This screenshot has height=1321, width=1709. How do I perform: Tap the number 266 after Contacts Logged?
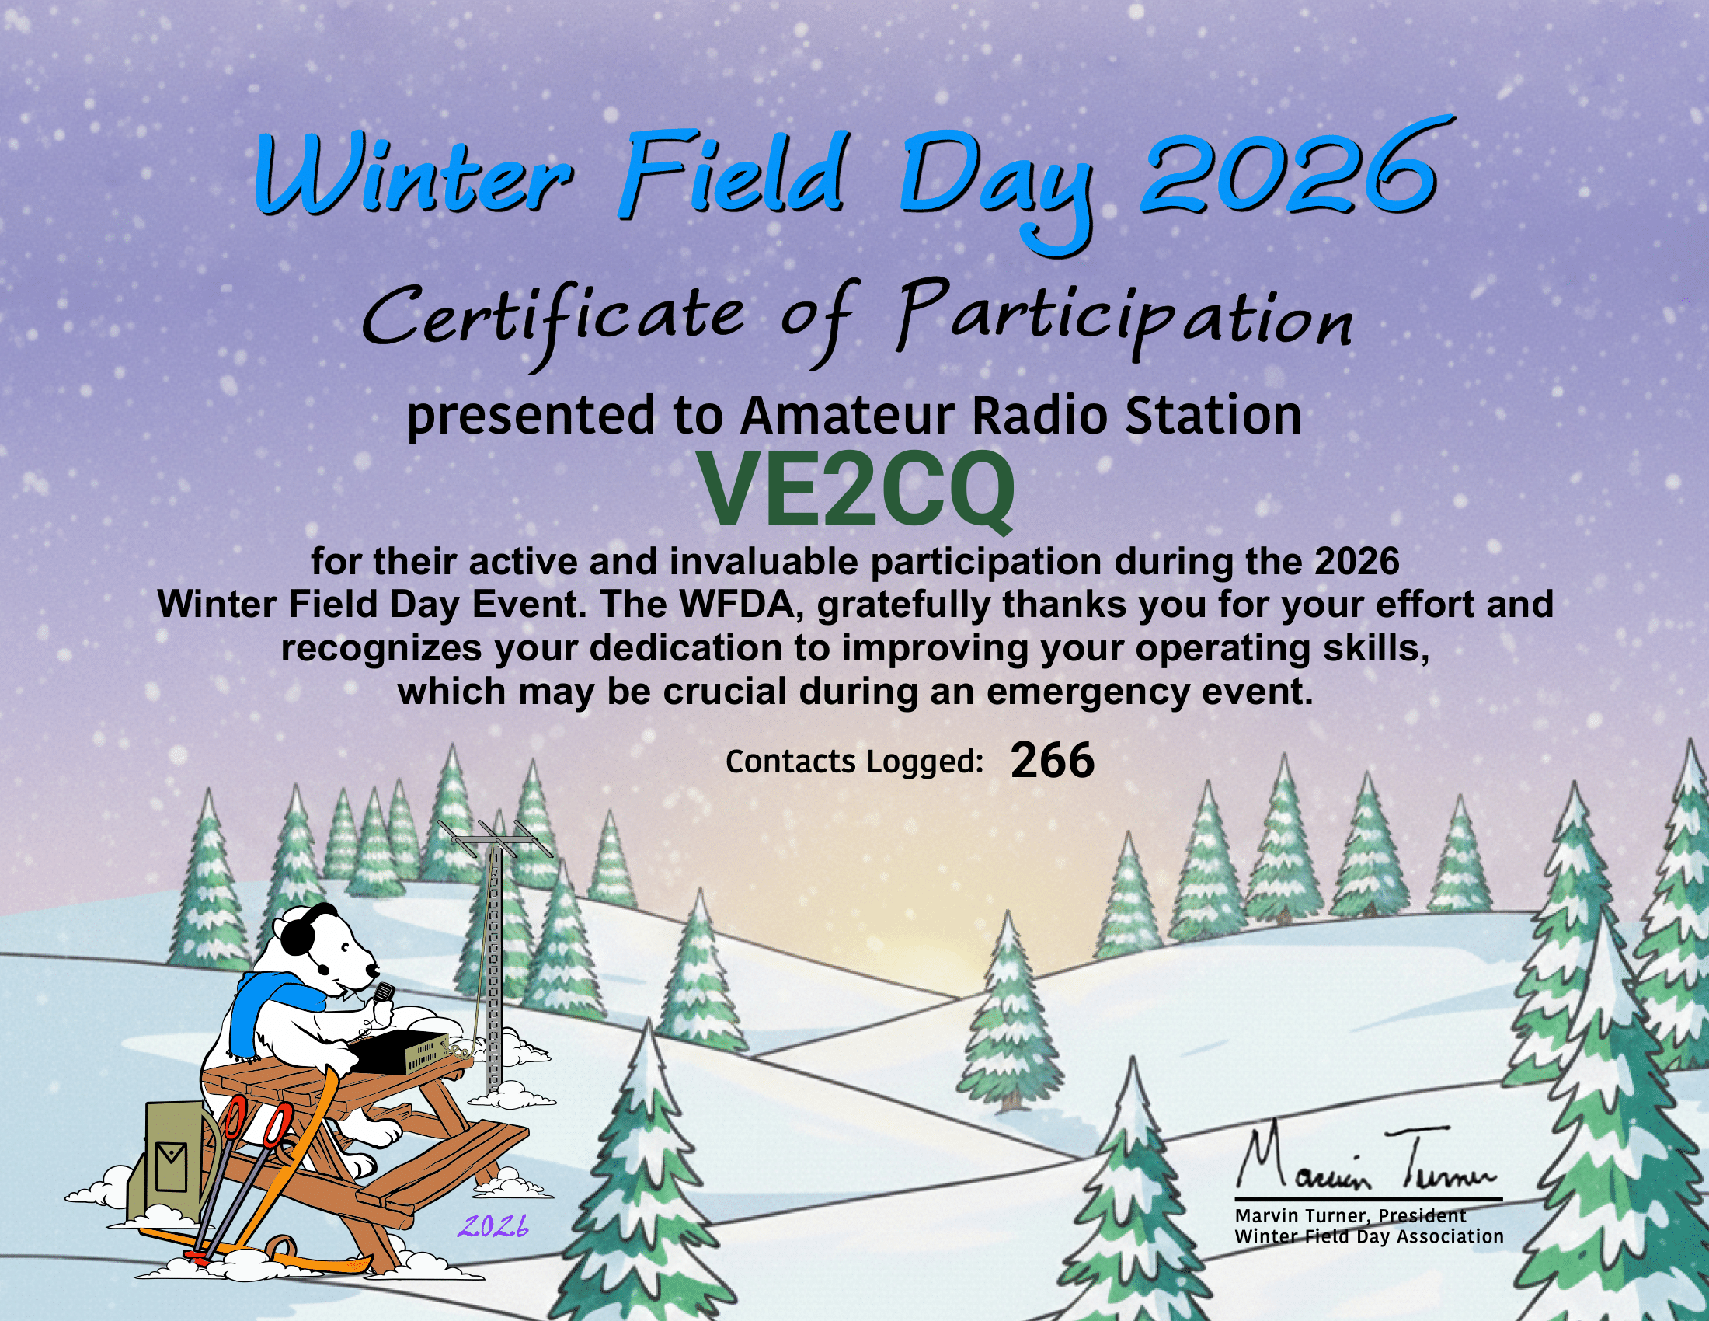pyautogui.click(x=1052, y=761)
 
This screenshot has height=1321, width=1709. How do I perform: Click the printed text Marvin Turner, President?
pyautogui.click(x=1350, y=1215)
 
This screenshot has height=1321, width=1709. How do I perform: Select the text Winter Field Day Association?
pyautogui.click(x=1369, y=1236)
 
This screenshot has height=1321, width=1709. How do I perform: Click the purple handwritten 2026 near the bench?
pyautogui.click(x=493, y=1227)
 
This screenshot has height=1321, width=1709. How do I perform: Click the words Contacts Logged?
pyautogui.click(x=854, y=762)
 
